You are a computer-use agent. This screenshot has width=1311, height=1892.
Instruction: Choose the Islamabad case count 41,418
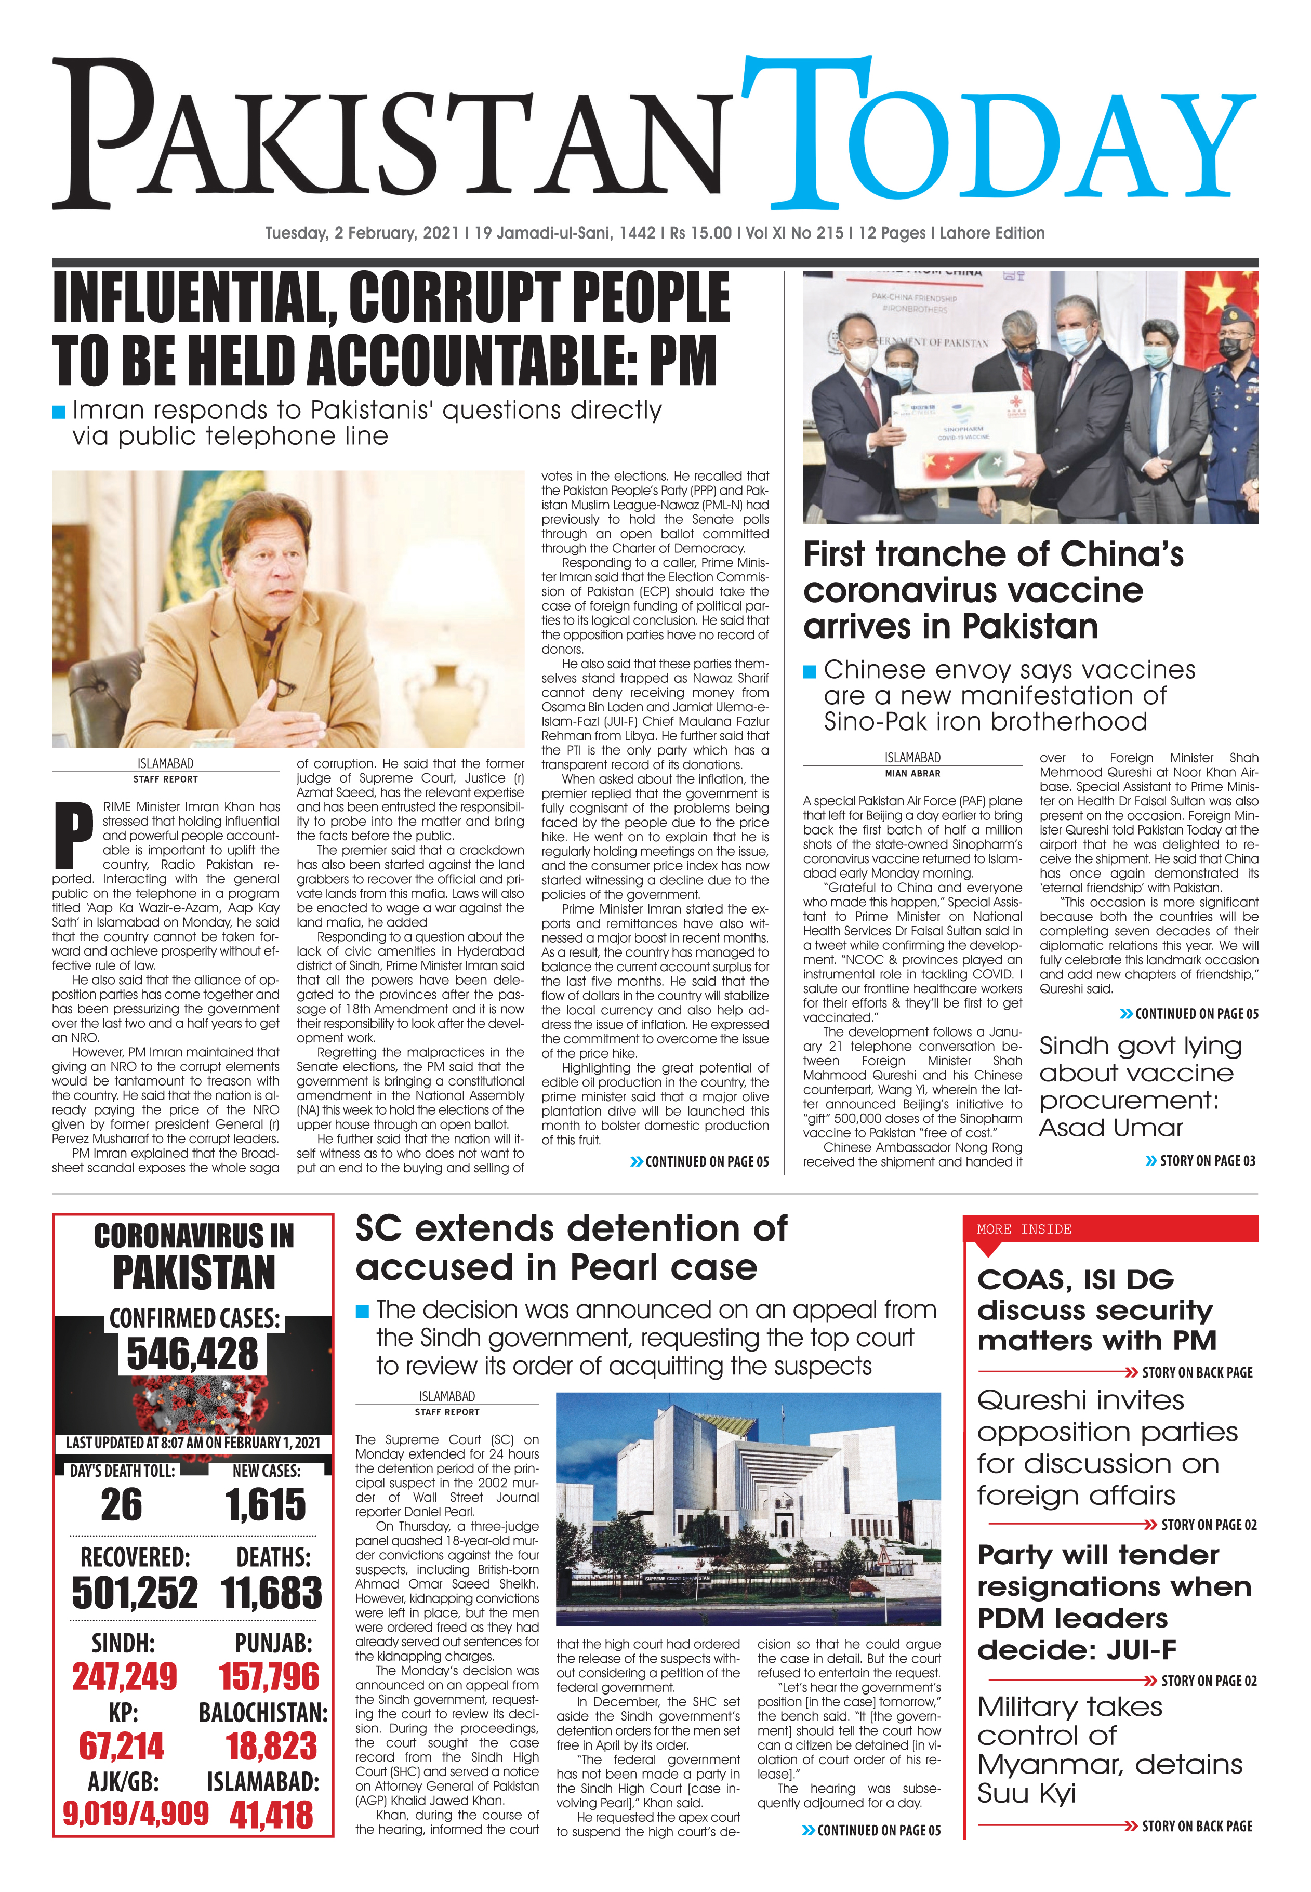(271, 1815)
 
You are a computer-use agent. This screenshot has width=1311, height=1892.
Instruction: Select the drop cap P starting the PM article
(73, 834)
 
